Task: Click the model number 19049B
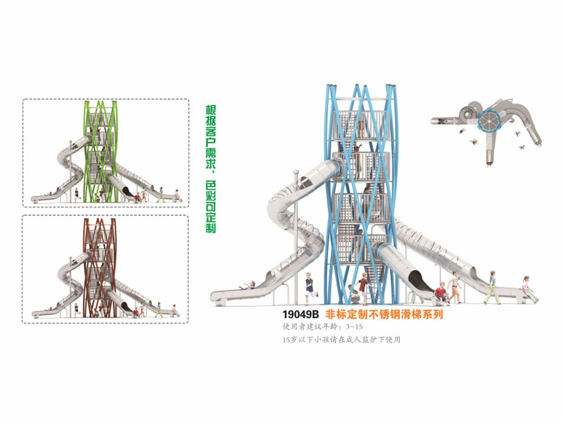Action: [x=301, y=315]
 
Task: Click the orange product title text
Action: [x=384, y=315]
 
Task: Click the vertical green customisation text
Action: [x=209, y=169]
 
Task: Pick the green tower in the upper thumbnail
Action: [x=99, y=151]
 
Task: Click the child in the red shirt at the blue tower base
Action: [x=362, y=287]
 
